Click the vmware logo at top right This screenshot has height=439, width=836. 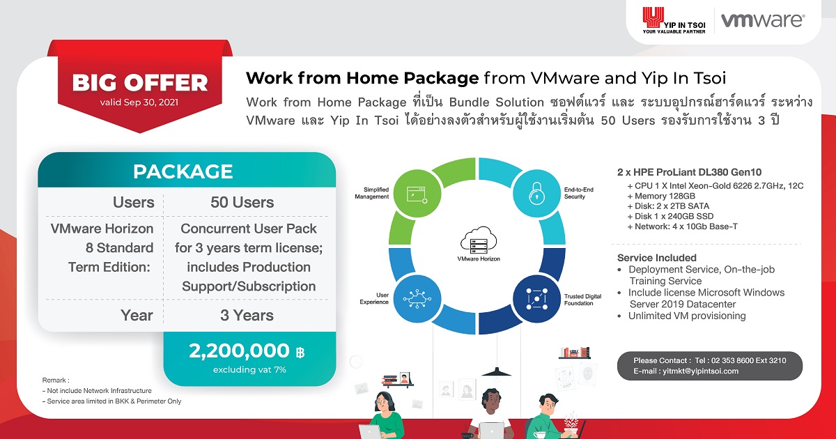[x=762, y=20]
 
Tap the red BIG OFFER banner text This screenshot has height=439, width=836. [x=140, y=83]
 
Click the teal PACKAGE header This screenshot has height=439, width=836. [x=183, y=171]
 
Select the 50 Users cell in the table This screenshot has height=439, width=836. [x=242, y=203]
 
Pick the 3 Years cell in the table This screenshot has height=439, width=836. [x=247, y=315]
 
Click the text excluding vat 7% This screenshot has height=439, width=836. [x=249, y=369]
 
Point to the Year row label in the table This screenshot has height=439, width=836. [x=137, y=315]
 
